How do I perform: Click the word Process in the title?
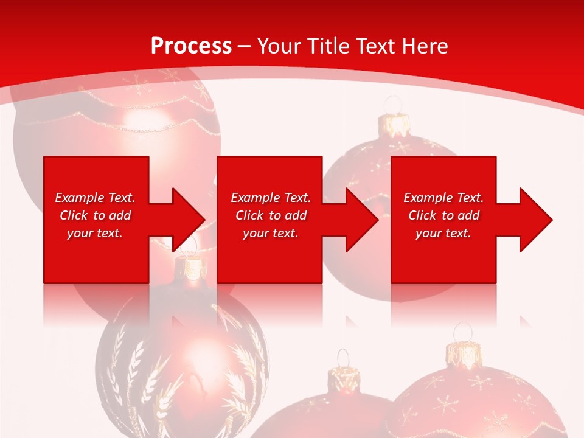(x=191, y=46)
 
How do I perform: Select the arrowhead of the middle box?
(x=361, y=220)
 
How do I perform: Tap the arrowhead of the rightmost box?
(x=535, y=220)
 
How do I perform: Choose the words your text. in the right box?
(x=443, y=233)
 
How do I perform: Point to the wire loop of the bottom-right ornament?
(x=463, y=332)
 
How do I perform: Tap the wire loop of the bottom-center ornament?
(x=343, y=358)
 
